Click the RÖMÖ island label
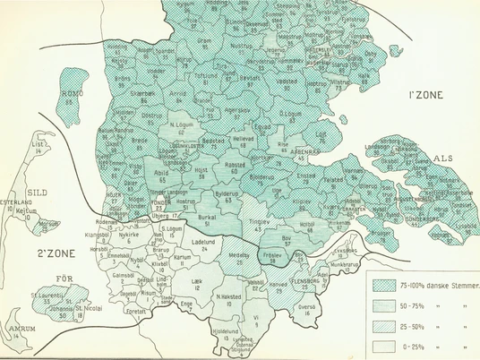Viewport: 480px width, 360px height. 67,91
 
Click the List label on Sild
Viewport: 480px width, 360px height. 37,144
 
